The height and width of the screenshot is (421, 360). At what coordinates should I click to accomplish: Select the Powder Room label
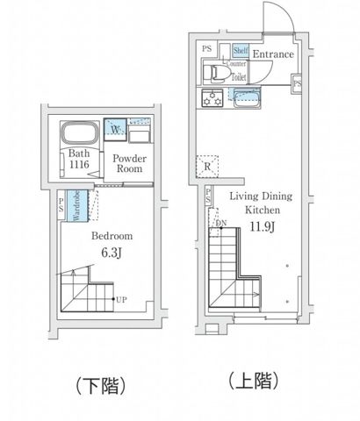[128, 164]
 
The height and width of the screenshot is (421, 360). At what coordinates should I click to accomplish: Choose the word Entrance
[272, 54]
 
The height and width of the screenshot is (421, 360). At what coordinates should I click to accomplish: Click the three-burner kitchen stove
[212, 96]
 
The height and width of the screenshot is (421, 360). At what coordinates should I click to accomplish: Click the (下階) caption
[97, 384]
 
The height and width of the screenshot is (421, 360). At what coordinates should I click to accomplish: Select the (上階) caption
[255, 380]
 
